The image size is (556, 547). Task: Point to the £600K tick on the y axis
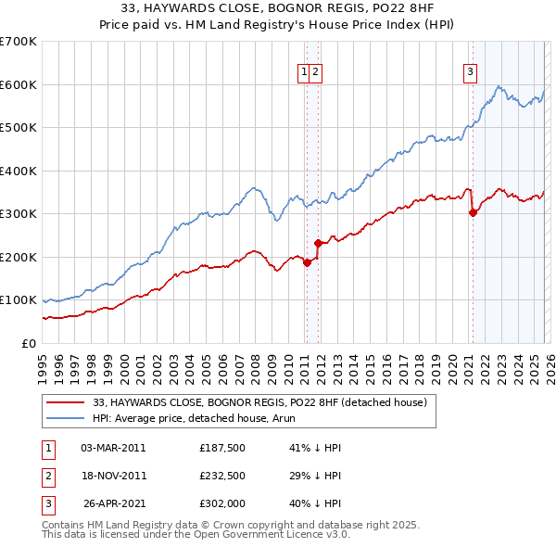[19, 84]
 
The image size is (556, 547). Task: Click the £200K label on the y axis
[19, 257]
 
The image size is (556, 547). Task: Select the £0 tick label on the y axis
[28, 343]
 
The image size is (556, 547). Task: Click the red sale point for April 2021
[473, 212]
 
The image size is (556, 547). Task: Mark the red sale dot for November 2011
[318, 243]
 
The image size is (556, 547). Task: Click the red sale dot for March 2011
[306, 262]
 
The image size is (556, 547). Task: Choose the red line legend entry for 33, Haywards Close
[259, 402]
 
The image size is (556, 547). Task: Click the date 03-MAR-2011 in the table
[113, 448]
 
